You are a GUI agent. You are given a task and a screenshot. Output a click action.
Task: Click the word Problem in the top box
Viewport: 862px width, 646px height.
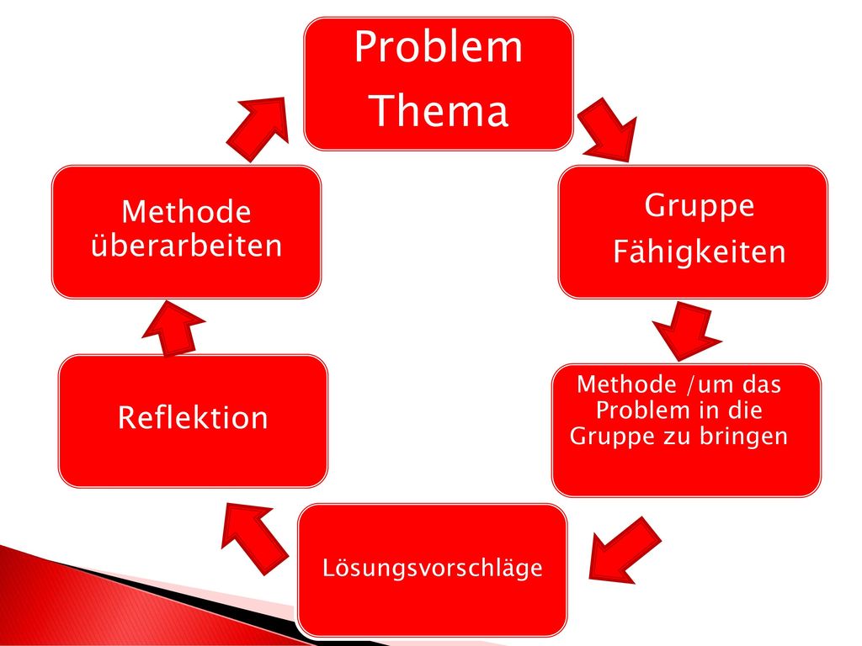point(438,46)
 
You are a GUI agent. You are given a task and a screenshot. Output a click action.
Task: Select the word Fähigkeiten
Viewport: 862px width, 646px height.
point(700,252)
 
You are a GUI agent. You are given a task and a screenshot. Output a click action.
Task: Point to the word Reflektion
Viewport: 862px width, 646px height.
point(193,417)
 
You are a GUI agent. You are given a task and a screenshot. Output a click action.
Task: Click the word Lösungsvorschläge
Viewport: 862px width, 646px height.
point(432,568)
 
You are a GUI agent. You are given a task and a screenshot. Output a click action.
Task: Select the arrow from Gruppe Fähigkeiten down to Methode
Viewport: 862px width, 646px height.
point(687,331)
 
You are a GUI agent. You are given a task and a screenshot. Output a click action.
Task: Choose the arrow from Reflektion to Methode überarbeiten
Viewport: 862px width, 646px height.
point(173,328)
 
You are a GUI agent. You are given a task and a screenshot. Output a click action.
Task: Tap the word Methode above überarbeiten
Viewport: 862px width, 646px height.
point(186,211)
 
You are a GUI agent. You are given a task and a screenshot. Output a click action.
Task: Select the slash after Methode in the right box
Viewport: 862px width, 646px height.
point(690,384)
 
